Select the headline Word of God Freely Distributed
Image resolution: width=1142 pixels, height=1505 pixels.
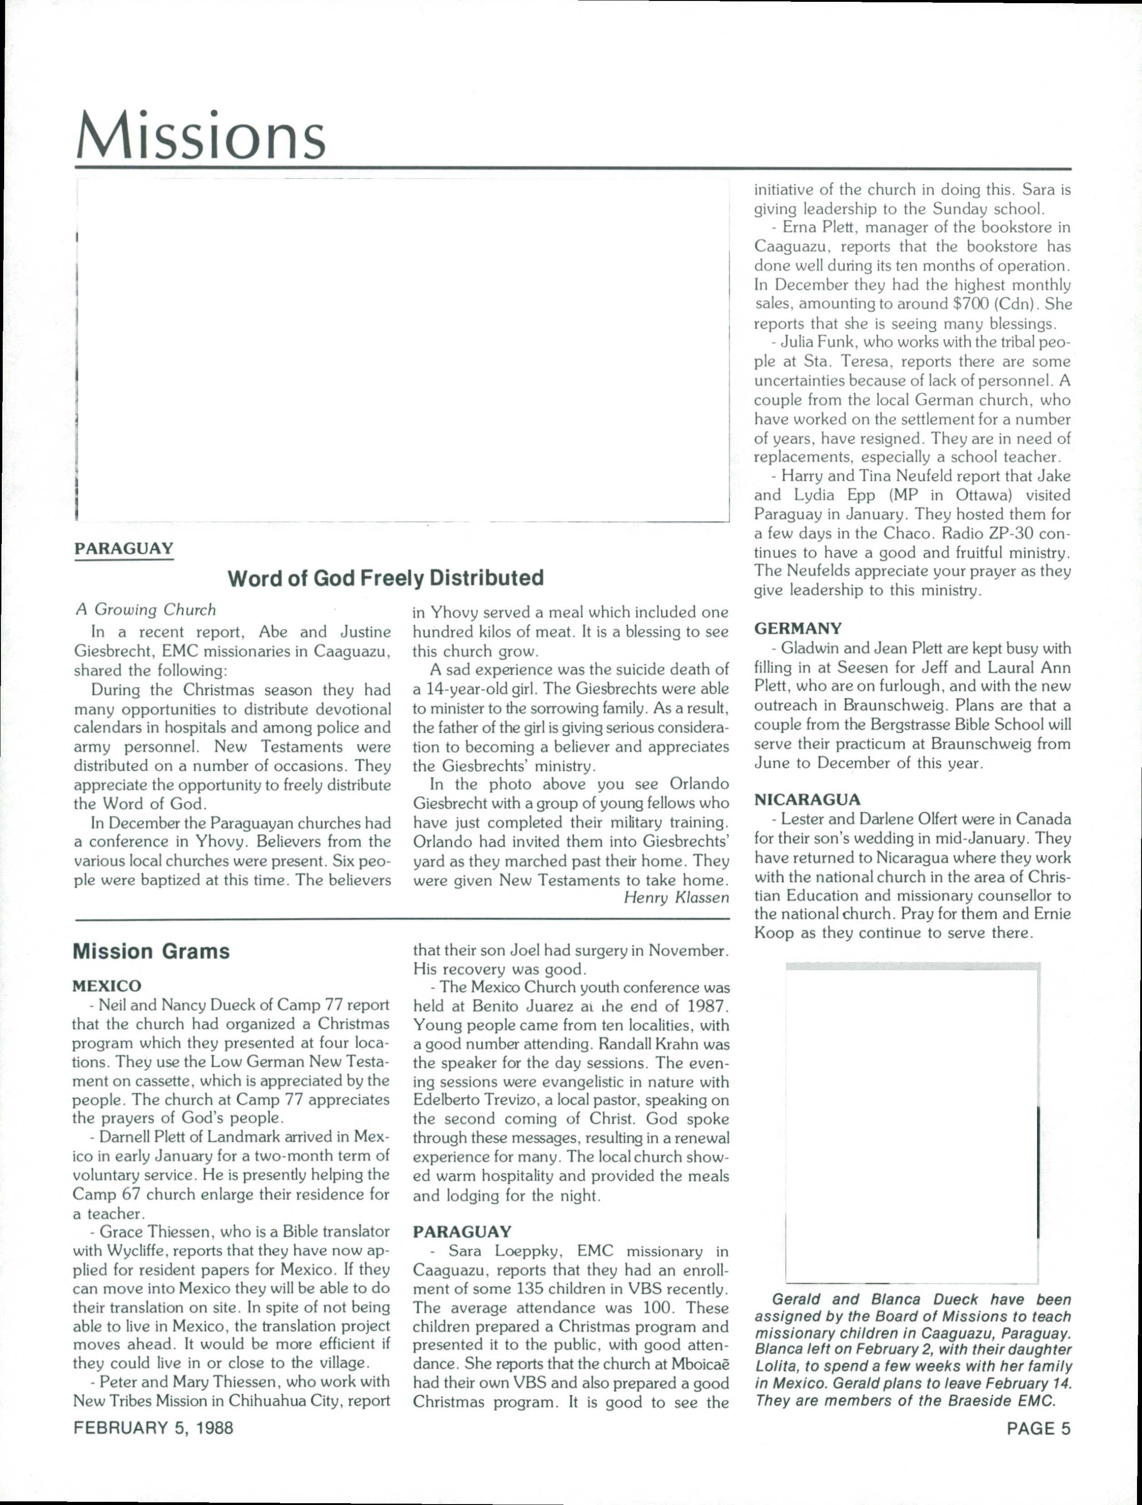tap(385, 578)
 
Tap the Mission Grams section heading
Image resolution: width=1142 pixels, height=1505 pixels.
tap(151, 951)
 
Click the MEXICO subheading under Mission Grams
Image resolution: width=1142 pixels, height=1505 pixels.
tap(107, 986)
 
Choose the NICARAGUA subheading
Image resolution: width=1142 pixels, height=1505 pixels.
tap(807, 800)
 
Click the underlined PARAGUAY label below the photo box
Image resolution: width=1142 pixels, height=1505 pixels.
tap(124, 548)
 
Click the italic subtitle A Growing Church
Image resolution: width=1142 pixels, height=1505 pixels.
tap(145, 610)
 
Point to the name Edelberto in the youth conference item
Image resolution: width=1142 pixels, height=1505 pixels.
tap(446, 1100)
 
